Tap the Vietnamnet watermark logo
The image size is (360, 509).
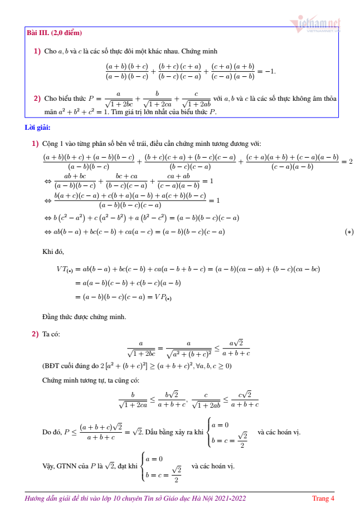click(x=315, y=24)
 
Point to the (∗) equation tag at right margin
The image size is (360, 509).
click(x=349, y=232)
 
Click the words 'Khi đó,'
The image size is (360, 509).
click(x=53, y=252)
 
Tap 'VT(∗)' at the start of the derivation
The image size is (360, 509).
click(x=65, y=269)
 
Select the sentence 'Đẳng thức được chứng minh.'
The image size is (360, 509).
click(x=84, y=317)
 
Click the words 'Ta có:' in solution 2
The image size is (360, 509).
click(x=52, y=334)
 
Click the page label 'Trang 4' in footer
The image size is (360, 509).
click(x=323, y=498)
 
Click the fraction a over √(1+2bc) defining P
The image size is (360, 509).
click(x=118, y=99)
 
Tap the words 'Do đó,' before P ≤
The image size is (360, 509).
click(x=52, y=432)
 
